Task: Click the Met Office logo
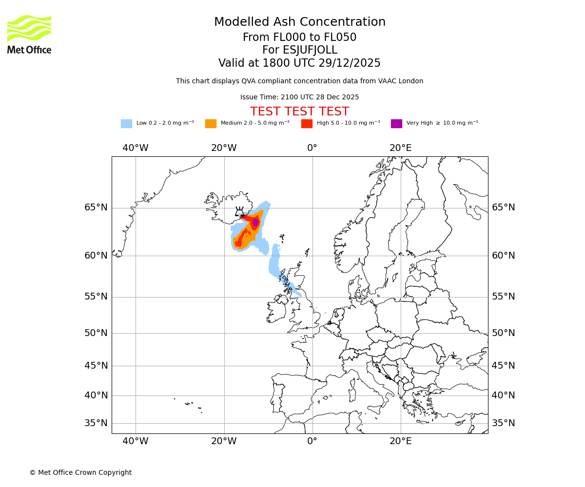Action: (29, 34)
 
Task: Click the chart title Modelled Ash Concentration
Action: (300, 22)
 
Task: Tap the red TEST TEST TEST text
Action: (299, 112)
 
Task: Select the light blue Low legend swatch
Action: (126, 124)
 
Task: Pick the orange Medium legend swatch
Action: (211, 124)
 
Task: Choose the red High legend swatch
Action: (307, 124)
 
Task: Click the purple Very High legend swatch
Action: (396, 124)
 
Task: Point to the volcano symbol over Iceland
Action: (239, 211)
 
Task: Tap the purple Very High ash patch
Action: (255, 222)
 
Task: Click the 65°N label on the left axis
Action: (96, 207)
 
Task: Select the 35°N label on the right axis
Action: (503, 423)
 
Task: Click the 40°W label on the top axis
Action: (136, 148)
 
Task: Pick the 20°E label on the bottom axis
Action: (400, 441)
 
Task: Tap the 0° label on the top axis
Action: (312, 148)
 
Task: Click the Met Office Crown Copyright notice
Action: (80, 472)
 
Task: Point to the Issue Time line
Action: (299, 97)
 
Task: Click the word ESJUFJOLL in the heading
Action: (310, 50)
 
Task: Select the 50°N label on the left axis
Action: (96, 333)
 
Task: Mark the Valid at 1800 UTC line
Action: (299, 63)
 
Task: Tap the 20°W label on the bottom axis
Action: (224, 441)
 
